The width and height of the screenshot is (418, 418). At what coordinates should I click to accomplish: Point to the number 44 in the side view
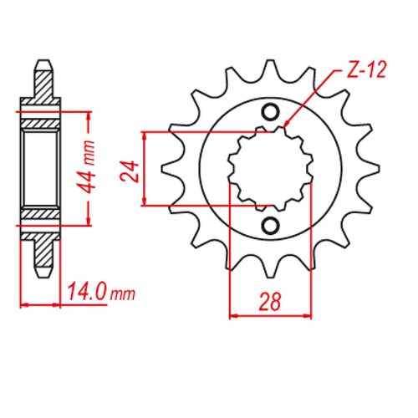point(98,182)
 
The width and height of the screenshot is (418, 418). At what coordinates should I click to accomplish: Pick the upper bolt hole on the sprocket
point(270,113)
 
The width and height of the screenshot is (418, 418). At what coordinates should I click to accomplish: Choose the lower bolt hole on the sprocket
point(270,225)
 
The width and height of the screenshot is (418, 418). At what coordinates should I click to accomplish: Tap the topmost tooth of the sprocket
point(269,69)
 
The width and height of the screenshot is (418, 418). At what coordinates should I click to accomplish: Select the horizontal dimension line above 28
point(270,316)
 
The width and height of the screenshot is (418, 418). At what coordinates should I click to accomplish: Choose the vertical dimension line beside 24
point(146,168)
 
